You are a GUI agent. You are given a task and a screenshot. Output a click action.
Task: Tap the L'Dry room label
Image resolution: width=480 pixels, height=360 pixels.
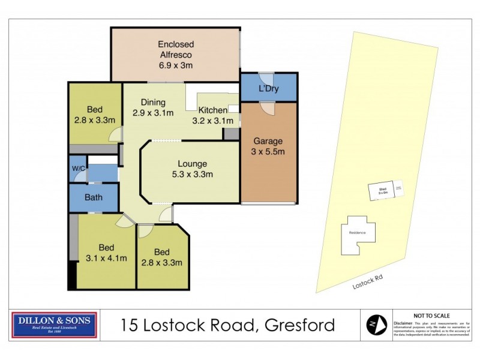pyautogui.click(x=268, y=89)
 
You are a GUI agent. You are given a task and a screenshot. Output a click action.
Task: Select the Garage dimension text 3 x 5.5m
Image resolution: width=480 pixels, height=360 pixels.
pyautogui.click(x=268, y=152)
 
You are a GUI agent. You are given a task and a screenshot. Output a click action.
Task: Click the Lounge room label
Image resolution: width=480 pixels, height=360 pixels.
pyautogui.click(x=192, y=163)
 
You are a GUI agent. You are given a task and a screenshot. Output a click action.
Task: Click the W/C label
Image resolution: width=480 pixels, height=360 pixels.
pyautogui.click(x=77, y=169)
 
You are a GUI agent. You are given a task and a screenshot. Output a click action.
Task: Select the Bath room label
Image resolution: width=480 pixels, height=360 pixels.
pyautogui.click(x=93, y=197)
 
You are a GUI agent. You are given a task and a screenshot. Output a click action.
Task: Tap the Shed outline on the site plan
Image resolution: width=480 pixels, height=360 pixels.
pyautogui.click(x=382, y=191)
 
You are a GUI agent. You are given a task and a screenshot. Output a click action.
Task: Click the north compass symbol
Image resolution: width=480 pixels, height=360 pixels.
pyautogui.click(x=376, y=325)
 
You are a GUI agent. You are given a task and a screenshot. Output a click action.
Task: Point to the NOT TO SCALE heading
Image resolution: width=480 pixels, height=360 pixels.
pyautogui.click(x=431, y=315)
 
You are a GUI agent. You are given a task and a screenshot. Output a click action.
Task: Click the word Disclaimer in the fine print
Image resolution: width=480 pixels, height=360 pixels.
pyautogui.click(x=403, y=322)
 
